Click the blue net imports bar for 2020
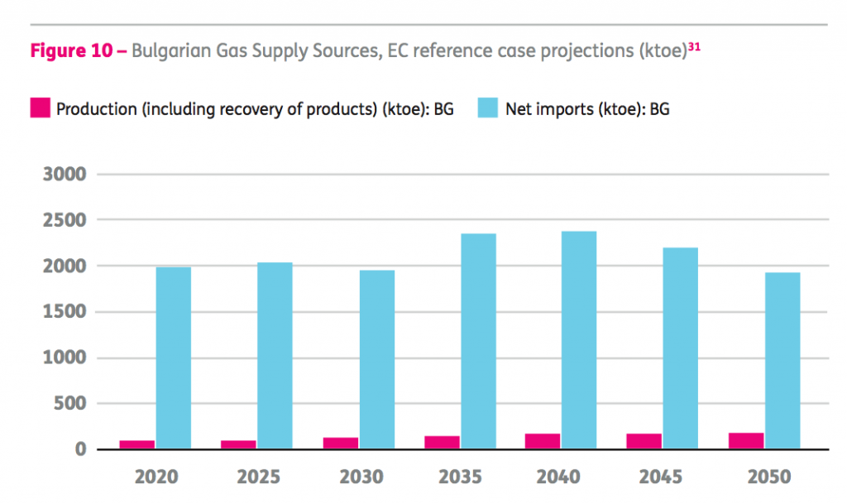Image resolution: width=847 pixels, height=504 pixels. pos(174,358)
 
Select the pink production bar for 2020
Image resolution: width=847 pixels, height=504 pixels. pos(137,444)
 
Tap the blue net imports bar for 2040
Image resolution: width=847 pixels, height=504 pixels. pos(579,340)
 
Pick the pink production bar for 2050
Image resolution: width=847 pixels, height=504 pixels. pos(746,440)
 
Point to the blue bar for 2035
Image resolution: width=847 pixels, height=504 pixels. pos(478,341)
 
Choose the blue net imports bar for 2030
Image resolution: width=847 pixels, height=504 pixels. pos(376,359)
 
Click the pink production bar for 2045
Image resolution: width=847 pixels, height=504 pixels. pos(644,441)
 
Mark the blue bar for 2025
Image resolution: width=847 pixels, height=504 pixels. pos(275,356)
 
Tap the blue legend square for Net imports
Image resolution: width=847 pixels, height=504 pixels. pos(488,108)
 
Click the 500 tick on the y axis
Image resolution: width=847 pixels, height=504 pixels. pos(68,405)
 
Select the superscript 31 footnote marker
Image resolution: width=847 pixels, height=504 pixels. pos(694,46)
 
